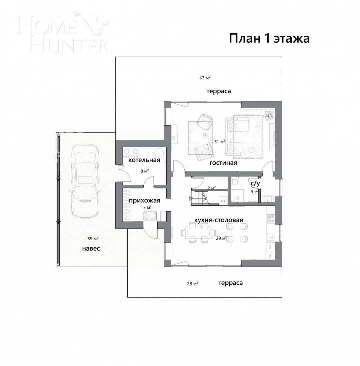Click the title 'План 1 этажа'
pos(269,38)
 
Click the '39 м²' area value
pos(92,239)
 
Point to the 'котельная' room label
pos(144,160)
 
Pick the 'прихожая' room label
pos(145,201)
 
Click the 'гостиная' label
pos(223,163)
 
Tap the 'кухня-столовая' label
pos(219,220)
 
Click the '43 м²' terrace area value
pos(205,78)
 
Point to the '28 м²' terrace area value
pos(192,284)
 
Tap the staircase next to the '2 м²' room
pos(200,197)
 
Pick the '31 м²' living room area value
pos(219,141)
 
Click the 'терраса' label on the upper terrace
pos(218,91)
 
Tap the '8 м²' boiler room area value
pos(144,171)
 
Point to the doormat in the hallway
pos(150,216)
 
